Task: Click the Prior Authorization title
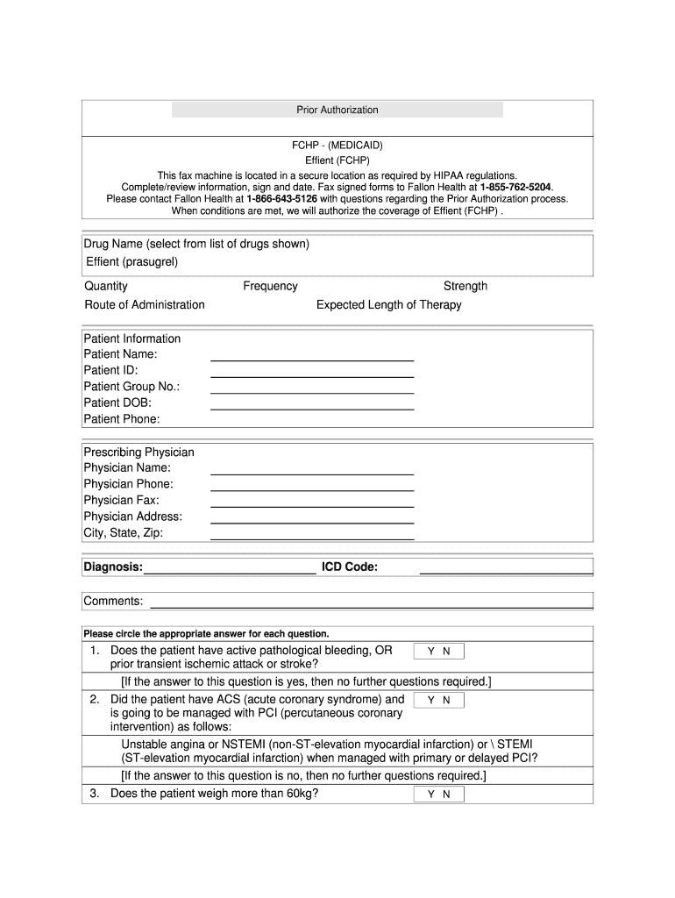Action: (x=337, y=110)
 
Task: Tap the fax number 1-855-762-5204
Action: (x=516, y=187)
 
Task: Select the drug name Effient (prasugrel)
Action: (x=131, y=261)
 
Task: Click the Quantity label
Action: (x=106, y=286)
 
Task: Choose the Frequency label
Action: (x=270, y=286)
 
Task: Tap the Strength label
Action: (x=465, y=286)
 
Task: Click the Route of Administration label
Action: (x=145, y=305)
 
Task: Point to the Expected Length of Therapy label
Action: (x=388, y=305)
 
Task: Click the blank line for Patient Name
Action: (x=312, y=360)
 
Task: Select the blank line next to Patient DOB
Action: (x=312, y=409)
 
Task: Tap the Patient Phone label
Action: (x=122, y=419)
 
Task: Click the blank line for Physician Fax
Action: (x=312, y=506)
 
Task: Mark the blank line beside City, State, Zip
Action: (x=312, y=538)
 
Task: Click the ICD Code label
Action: (x=350, y=567)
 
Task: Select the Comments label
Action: (x=113, y=601)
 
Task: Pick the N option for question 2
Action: (x=446, y=701)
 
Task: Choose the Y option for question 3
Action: (x=431, y=795)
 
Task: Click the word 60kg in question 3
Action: (x=299, y=794)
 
